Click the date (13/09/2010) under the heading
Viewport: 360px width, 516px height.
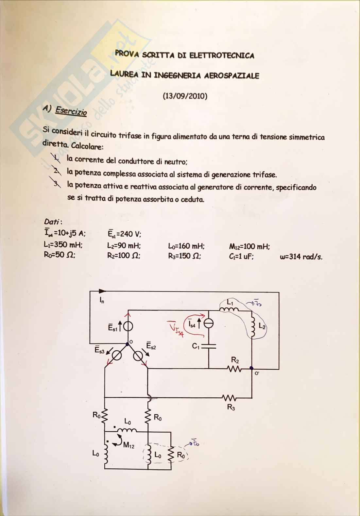(x=185, y=96)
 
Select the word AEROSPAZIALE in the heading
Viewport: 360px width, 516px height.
(x=231, y=76)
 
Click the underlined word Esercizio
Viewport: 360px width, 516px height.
(x=71, y=111)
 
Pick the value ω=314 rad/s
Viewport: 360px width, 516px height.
(x=301, y=257)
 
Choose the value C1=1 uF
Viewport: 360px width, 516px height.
(x=241, y=257)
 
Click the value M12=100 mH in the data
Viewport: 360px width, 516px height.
(x=249, y=247)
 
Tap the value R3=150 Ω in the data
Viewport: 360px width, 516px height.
(x=184, y=256)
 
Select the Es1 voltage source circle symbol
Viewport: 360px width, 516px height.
(x=128, y=326)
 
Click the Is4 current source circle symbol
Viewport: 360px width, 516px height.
(x=208, y=324)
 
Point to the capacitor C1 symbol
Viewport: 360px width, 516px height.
(x=208, y=346)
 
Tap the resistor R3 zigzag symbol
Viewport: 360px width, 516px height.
(x=230, y=398)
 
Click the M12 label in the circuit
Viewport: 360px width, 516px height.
(x=129, y=445)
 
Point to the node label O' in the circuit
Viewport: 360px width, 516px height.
(x=257, y=373)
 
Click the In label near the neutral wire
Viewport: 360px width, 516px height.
(x=102, y=300)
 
